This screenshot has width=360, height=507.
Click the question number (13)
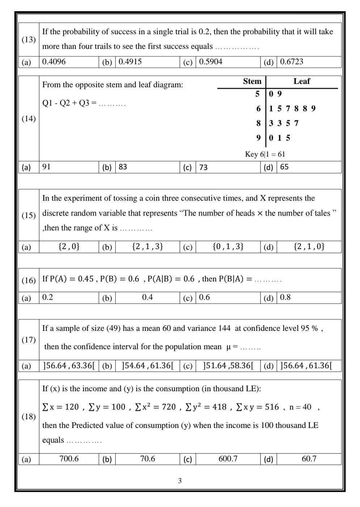[x=29, y=39]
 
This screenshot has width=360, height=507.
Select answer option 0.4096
[x=54, y=62]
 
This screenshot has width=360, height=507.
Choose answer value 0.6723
[x=292, y=62]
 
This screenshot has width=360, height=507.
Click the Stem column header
[x=252, y=81]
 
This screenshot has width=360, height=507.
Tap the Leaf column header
[x=301, y=81]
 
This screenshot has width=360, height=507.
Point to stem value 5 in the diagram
[x=257, y=94]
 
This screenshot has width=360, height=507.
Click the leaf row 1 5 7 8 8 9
[x=292, y=109]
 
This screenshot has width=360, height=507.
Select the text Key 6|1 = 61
[x=265, y=154]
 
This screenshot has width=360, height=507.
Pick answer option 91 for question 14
[x=46, y=167]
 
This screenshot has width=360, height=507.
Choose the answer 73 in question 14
[x=203, y=167]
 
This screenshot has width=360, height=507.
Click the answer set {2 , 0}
[x=69, y=247]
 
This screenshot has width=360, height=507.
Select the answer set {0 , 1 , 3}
[x=228, y=247]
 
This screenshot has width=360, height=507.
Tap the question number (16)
[x=29, y=280]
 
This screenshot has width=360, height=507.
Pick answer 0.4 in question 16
[x=147, y=298]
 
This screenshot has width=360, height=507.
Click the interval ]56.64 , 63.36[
[x=69, y=366]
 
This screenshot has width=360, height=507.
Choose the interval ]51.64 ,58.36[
[x=228, y=366]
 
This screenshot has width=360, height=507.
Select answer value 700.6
[x=69, y=459]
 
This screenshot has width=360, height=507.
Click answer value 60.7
[x=309, y=459]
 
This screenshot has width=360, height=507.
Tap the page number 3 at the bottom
[x=180, y=481]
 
